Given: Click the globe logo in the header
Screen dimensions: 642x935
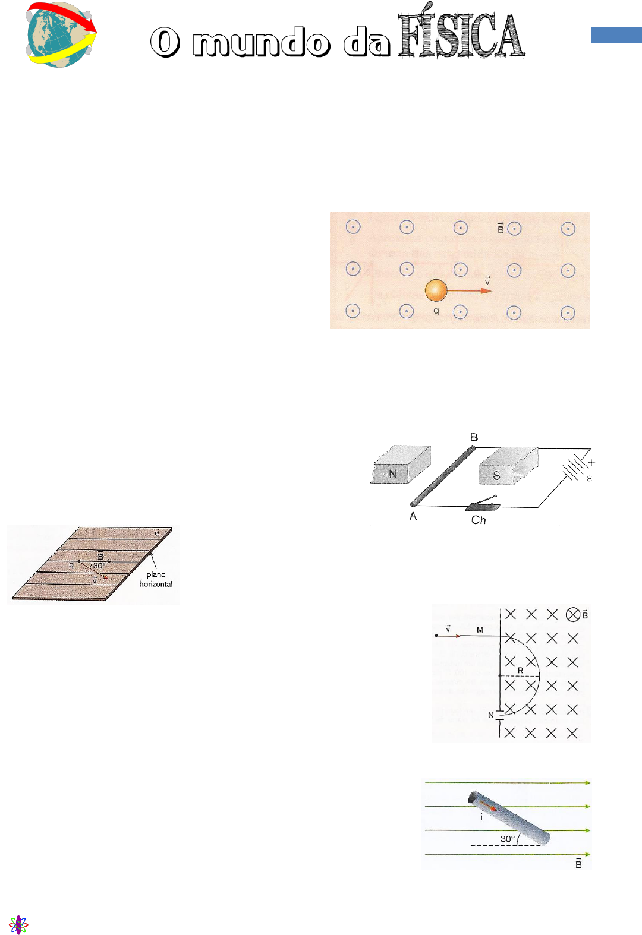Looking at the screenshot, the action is (x=61, y=34).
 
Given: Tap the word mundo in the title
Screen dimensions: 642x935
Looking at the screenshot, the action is (x=262, y=42).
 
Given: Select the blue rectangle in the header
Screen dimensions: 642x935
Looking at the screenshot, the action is (x=616, y=36).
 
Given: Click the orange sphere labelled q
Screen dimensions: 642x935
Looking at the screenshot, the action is (x=436, y=290).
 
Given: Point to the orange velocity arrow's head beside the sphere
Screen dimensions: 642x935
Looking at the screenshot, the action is (x=487, y=291).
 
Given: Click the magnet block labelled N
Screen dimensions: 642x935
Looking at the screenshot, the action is (x=401, y=465).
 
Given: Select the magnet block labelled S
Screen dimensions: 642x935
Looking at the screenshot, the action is (x=508, y=466).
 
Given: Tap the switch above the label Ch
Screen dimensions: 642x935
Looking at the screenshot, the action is (x=483, y=503).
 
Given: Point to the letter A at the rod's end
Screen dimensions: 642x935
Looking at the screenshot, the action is (x=413, y=516).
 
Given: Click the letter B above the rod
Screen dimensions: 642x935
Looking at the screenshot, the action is (x=474, y=437).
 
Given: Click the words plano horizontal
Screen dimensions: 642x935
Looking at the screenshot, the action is (x=156, y=579).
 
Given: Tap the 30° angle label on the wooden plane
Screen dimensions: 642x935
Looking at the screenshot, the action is (x=99, y=566).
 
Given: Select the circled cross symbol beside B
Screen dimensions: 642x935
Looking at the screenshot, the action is (x=572, y=614).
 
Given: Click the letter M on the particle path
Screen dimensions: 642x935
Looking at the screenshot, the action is (x=480, y=630).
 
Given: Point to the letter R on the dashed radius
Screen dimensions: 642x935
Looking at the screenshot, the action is (x=521, y=671).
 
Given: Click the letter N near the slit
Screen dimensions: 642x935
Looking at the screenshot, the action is (x=491, y=715).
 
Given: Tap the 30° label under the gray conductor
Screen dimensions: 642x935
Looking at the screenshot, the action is (x=508, y=839).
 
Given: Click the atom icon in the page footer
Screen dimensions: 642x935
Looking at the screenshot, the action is (x=18, y=924).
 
